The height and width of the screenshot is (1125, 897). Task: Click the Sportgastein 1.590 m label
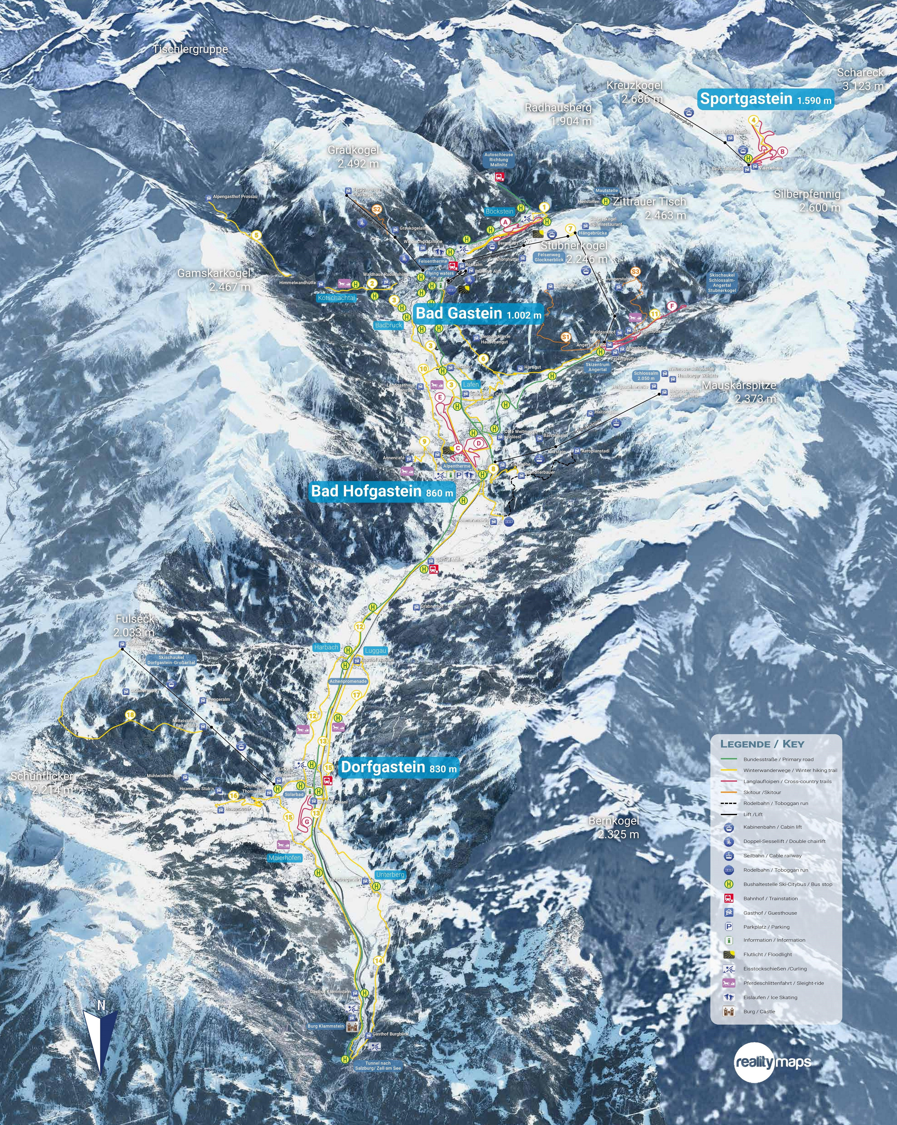pyautogui.click(x=765, y=99)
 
